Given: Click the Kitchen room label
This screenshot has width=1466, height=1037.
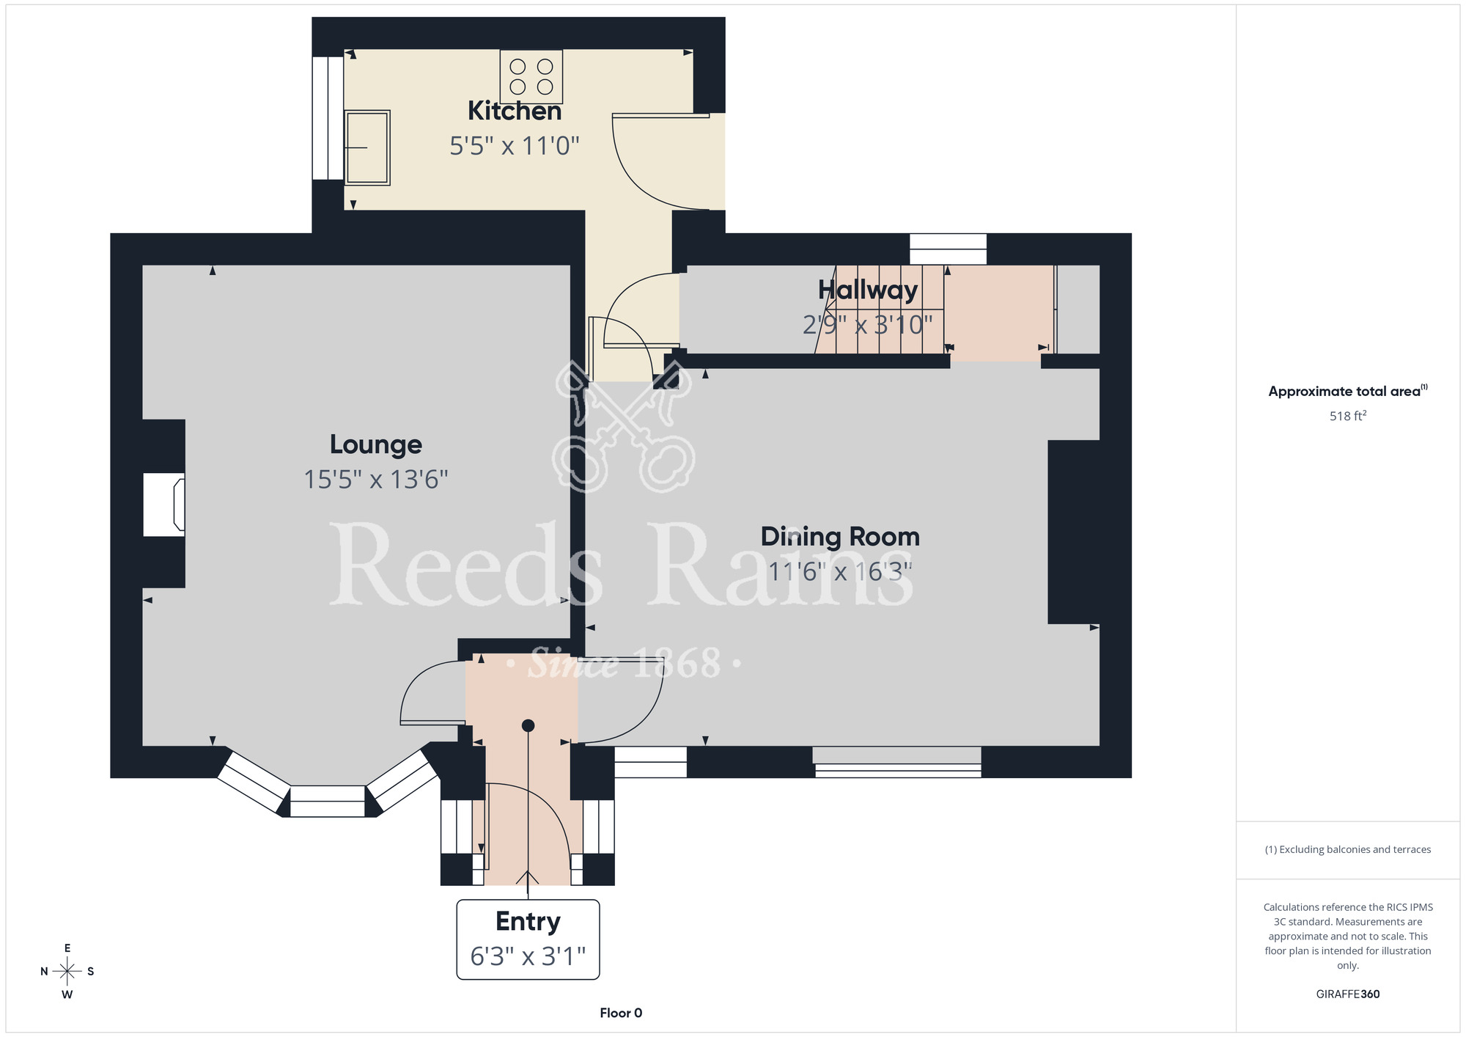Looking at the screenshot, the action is point(515,111).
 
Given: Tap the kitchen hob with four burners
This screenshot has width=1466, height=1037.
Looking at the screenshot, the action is point(531,76).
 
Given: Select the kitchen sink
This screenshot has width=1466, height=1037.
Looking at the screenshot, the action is point(367,147).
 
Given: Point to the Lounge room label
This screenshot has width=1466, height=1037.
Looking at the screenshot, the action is point(376,444).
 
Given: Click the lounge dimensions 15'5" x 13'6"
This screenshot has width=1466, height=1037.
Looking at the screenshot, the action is point(376,480).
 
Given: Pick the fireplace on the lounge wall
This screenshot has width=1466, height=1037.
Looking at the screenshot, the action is point(163,505).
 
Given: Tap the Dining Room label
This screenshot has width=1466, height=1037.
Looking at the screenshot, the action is point(840,537).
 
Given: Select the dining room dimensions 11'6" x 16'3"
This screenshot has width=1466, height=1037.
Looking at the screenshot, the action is point(840,571).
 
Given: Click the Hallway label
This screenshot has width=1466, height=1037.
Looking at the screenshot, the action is point(868,290).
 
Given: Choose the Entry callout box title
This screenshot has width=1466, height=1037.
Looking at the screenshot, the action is point(528,921).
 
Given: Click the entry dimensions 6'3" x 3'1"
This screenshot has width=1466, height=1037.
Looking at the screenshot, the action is point(528,956).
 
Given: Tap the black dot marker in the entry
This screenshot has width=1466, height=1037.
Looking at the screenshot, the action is point(528,725).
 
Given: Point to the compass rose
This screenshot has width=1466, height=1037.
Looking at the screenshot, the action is point(67,972).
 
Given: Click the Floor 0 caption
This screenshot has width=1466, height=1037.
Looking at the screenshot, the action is point(621,1013).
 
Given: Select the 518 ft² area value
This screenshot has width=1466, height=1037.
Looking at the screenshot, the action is point(1348,416).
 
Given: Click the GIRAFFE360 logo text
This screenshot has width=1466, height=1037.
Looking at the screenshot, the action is point(1348,994).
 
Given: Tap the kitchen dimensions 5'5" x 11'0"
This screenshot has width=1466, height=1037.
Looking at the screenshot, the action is point(515,146).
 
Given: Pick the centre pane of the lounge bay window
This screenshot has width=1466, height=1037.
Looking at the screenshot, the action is point(328,801).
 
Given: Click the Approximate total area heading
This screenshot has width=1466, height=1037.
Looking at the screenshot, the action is point(1348,391).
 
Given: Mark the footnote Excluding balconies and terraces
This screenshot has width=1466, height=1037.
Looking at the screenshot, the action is point(1348,849).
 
